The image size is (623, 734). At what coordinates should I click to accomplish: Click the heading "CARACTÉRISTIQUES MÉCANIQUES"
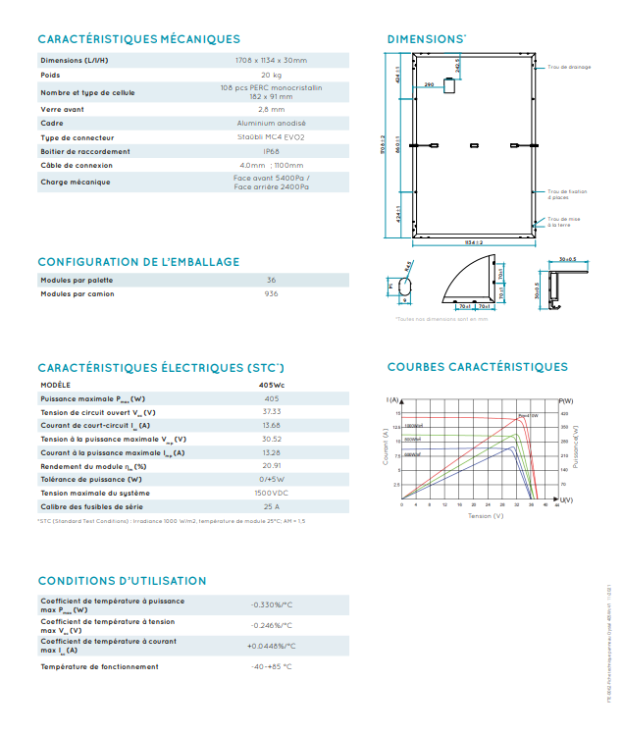pyautogui.click(x=138, y=39)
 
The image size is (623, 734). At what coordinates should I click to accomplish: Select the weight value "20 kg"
pyautogui.click(x=272, y=76)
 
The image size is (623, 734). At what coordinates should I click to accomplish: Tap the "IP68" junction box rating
pyautogui.click(x=272, y=152)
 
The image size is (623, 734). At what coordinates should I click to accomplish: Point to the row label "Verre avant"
pyautogui.click(x=62, y=109)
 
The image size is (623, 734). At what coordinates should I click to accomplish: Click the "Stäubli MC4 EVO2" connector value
pyautogui.click(x=272, y=138)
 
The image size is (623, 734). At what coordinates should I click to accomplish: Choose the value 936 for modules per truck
pyautogui.click(x=272, y=294)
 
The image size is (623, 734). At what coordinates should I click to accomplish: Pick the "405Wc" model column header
pyautogui.click(x=272, y=385)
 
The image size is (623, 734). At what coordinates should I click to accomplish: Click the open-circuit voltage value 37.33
pyautogui.click(x=272, y=412)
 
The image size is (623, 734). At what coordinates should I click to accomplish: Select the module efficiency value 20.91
pyautogui.click(x=272, y=466)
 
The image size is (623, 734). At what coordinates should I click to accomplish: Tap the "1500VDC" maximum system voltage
pyautogui.click(x=272, y=493)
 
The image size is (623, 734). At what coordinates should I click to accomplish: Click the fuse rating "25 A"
pyautogui.click(x=272, y=506)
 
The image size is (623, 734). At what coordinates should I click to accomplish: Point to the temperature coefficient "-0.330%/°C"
pyautogui.click(x=272, y=604)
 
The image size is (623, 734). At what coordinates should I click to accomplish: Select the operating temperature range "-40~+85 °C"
pyautogui.click(x=272, y=667)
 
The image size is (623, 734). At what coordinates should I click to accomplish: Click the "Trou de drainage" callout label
pyautogui.click(x=569, y=67)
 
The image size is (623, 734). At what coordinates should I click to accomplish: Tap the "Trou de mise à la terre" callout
pyautogui.click(x=563, y=223)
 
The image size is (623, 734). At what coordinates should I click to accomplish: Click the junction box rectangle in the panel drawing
pyautogui.click(x=450, y=86)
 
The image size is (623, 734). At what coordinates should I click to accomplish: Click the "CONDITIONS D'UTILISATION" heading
pyautogui.click(x=123, y=581)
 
